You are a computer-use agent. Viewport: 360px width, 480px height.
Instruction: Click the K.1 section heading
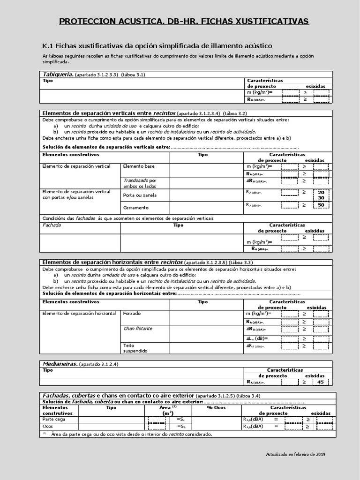(x=157, y=45)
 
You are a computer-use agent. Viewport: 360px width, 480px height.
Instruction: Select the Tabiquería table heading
(x=57, y=74)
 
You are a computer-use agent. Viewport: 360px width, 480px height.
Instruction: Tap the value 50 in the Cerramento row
(x=321, y=205)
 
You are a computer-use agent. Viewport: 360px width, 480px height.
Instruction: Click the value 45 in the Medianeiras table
(x=321, y=382)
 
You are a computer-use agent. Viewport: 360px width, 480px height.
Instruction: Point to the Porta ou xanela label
(x=140, y=195)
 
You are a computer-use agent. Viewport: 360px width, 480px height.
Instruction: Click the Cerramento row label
(x=135, y=207)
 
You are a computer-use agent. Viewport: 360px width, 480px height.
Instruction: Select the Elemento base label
(x=138, y=166)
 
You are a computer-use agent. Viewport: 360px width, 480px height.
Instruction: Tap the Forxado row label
(x=132, y=314)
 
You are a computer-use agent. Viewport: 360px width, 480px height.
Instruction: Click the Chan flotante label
(x=137, y=329)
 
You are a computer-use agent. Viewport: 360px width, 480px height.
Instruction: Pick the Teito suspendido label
(x=135, y=348)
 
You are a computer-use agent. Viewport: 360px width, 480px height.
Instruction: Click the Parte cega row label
(x=54, y=419)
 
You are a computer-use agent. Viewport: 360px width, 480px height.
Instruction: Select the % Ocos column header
(x=216, y=408)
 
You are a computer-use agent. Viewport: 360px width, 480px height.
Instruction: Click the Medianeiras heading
(x=60, y=364)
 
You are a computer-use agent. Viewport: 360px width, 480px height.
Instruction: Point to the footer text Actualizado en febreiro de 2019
(x=295, y=454)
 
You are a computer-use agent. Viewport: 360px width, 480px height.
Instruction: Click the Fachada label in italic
(x=52, y=225)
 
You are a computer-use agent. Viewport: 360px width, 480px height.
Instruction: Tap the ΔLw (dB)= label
(x=257, y=338)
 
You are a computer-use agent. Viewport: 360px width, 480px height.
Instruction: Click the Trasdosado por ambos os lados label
(x=140, y=183)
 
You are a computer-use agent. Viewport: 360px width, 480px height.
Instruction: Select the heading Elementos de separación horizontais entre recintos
(x=112, y=262)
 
